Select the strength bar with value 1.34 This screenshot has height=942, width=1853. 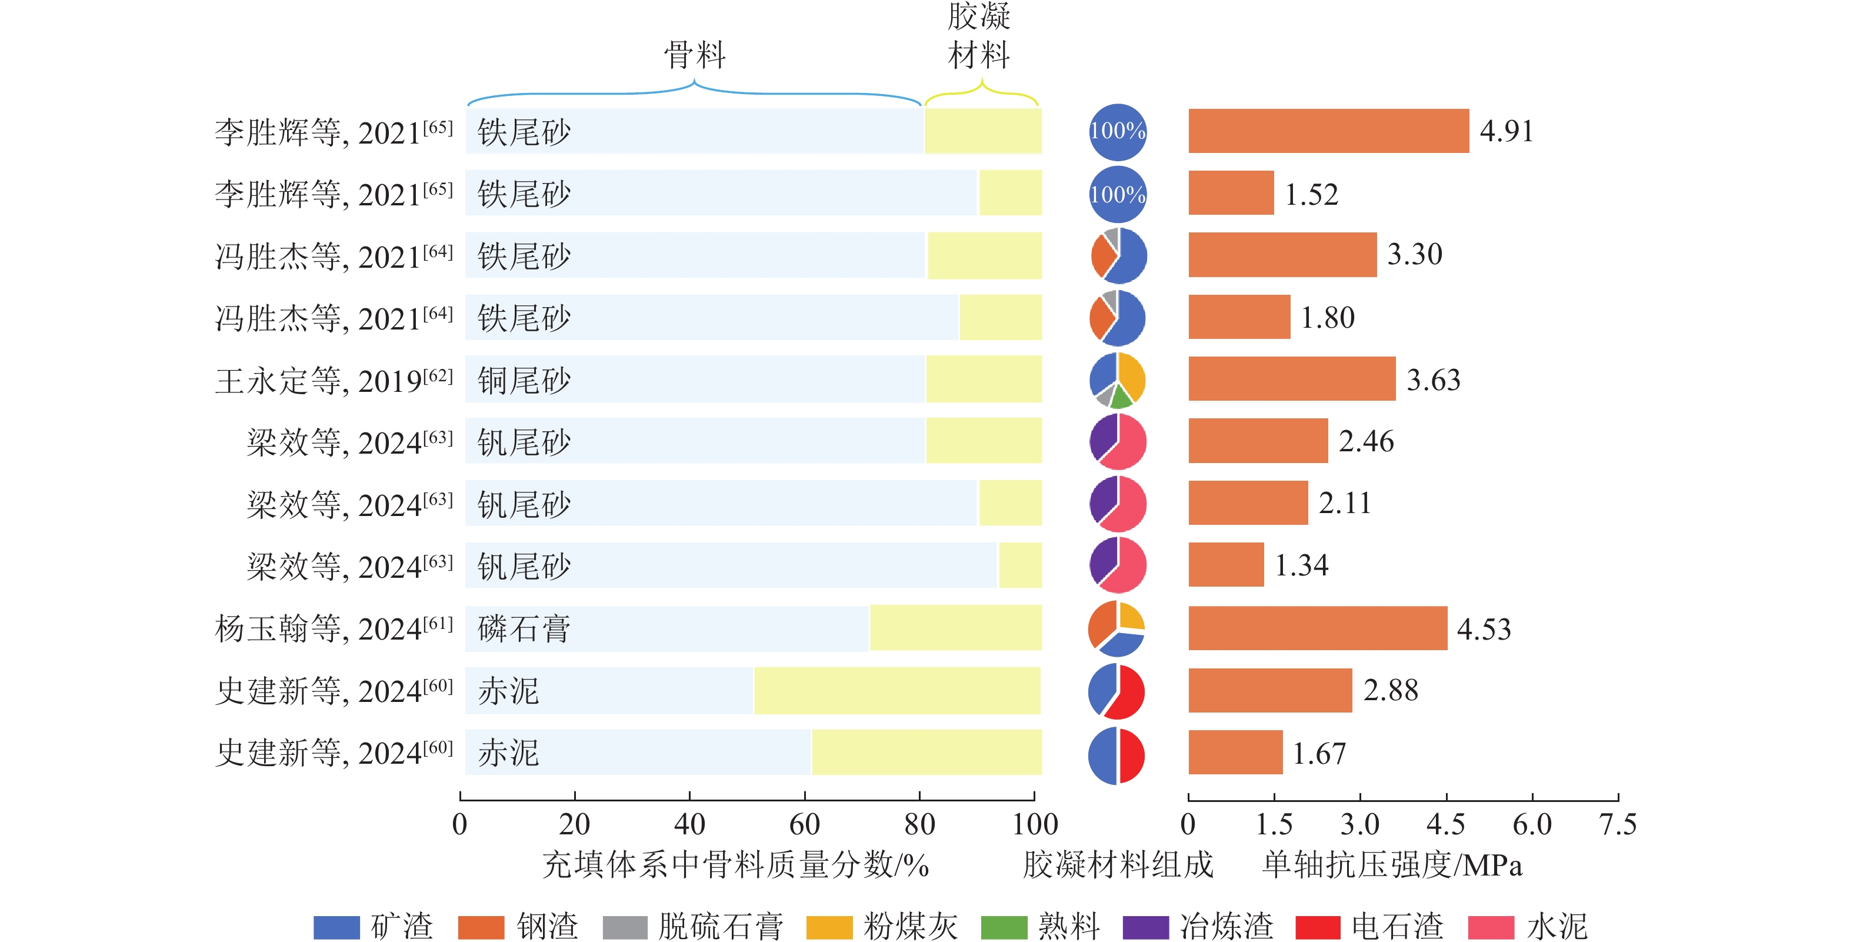coord(1226,565)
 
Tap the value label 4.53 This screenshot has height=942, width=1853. coord(1483,629)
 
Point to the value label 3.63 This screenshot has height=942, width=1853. coord(1433,380)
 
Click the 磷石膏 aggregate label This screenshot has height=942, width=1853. coord(524,629)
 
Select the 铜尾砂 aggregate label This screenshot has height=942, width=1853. coord(524,380)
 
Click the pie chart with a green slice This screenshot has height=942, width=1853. coord(1117,380)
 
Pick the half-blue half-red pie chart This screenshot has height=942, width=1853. coord(1117,755)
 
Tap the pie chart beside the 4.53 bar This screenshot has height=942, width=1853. coord(1117,628)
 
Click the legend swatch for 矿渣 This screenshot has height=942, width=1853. coord(336,927)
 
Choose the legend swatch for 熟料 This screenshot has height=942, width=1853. coord(1004,927)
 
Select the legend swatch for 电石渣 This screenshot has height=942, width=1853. coord(1318,927)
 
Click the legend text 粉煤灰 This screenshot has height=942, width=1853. coord(910,927)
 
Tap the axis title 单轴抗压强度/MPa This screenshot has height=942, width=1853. coord(1392,864)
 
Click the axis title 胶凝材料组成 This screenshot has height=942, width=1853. coord(1118,864)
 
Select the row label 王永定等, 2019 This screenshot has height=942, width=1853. coord(334,381)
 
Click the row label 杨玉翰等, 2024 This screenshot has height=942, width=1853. coord(334,629)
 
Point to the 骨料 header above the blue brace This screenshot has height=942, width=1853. coord(694,55)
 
